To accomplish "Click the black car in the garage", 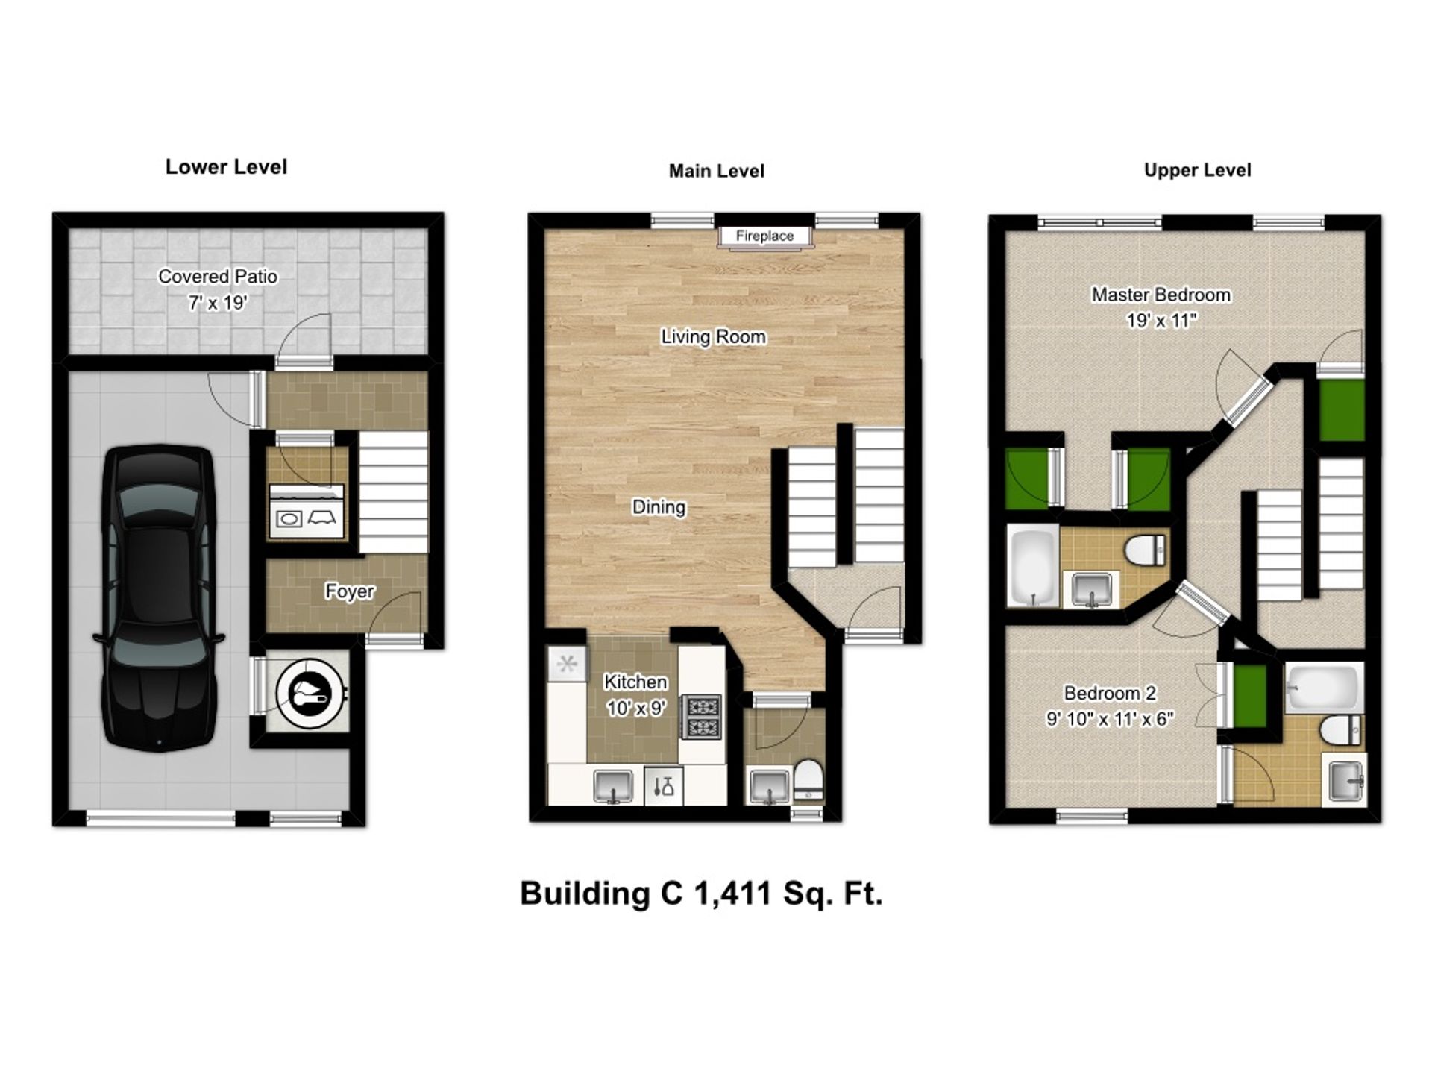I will [x=158, y=597].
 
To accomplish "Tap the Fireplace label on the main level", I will [x=764, y=236].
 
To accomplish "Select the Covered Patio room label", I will [x=218, y=277].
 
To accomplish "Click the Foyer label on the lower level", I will [x=349, y=591].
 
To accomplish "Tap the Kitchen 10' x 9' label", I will [x=635, y=694].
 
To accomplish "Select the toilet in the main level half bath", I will [x=808, y=779].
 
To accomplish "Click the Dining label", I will [x=659, y=507].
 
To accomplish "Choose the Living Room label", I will [x=713, y=337].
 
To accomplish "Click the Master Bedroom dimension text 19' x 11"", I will [x=1161, y=321].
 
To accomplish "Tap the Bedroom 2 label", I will [x=1109, y=693].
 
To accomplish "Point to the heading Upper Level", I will [x=1197, y=170].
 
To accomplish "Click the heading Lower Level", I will [x=226, y=166].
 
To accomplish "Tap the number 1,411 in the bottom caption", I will [x=732, y=893].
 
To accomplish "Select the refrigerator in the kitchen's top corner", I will [x=567, y=663].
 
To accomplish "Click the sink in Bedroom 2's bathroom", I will [x=1345, y=780].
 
